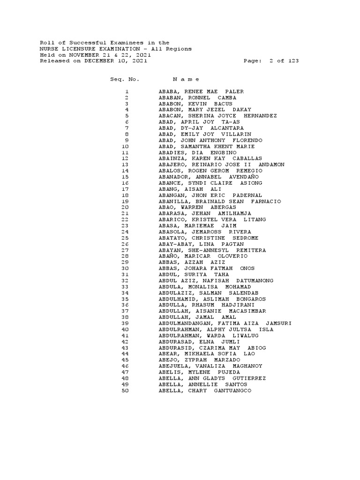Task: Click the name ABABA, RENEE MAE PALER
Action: click(x=201, y=91)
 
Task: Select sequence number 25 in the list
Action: click(x=125, y=238)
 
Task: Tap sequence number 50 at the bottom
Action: click(x=125, y=390)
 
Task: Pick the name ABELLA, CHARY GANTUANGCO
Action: click(x=205, y=390)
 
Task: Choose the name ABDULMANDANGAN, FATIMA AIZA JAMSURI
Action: click(x=225, y=323)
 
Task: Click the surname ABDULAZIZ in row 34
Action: click(x=175, y=293)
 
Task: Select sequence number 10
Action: click(x=125, y=146)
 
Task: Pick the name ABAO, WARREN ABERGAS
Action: click(x=197, y=207)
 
